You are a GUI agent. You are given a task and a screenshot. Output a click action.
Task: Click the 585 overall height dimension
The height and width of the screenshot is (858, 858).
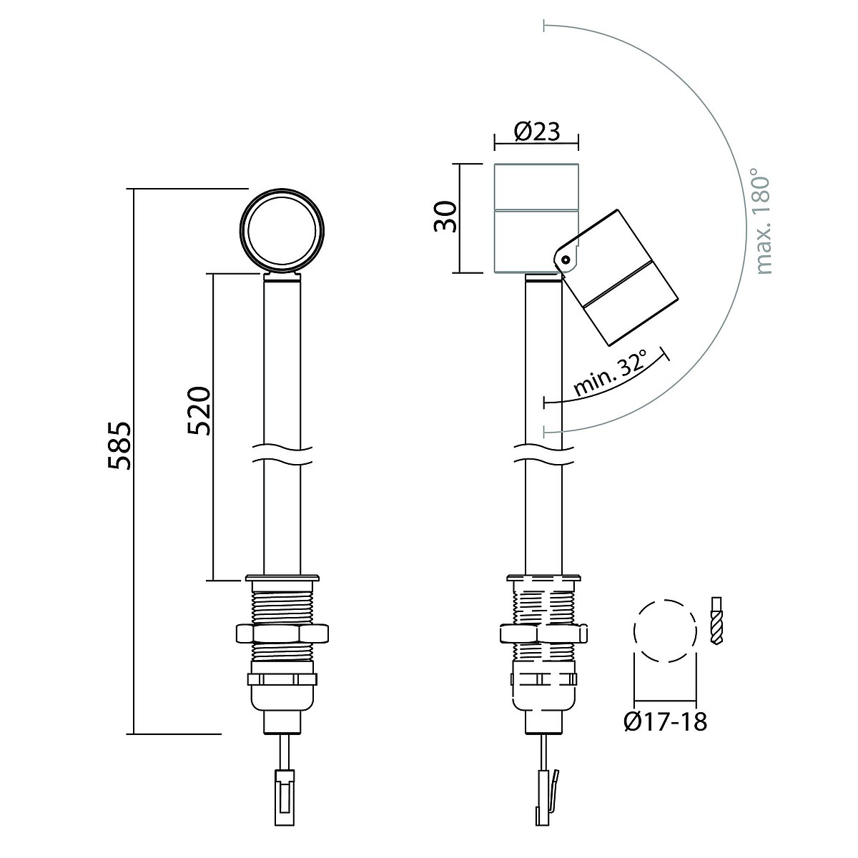(119, 445)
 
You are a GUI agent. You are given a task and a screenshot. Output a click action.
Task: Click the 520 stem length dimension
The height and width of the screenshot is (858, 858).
(199, 411)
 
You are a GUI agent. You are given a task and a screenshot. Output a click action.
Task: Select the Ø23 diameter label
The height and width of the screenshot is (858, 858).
(536, 132)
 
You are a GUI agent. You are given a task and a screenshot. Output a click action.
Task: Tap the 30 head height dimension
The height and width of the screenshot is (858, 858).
(445, 217)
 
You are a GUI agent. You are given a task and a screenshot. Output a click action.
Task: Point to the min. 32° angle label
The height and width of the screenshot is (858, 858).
(611, 374)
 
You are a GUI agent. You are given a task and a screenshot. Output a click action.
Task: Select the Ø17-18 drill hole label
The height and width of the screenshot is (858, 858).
(665, 721)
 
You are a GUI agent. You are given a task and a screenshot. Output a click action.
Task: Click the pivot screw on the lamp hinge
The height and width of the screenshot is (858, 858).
(566, 259)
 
